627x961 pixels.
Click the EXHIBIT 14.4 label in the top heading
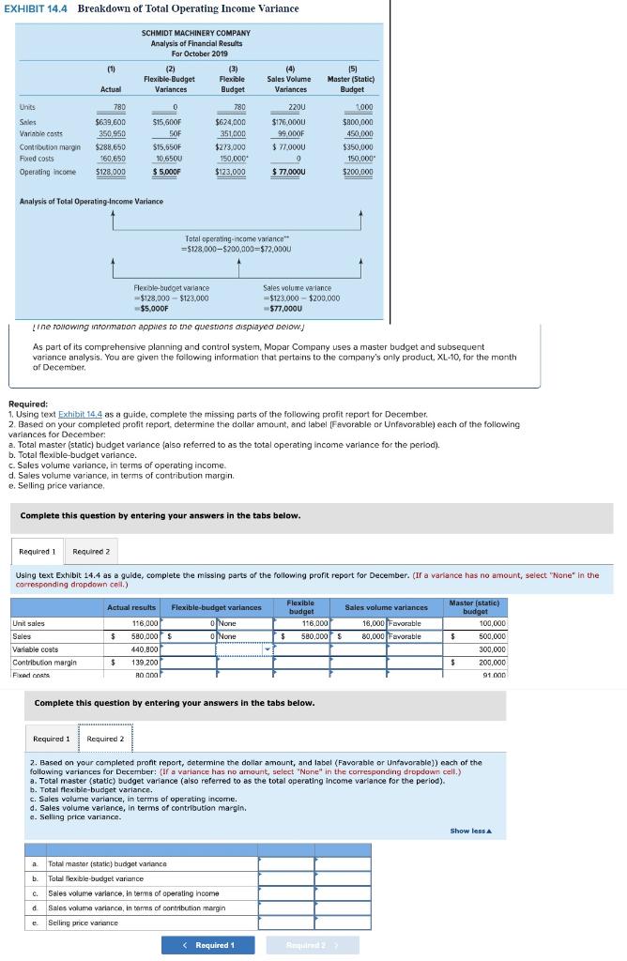(x=37, y=8)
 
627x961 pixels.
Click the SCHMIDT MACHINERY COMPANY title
(x=195, y=33)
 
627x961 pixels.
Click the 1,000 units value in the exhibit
(x=361, y=107)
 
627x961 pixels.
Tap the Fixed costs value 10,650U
(x=168, y=159)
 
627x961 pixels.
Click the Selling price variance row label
(x=84, y=923)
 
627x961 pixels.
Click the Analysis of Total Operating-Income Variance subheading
(x=91, y=201)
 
